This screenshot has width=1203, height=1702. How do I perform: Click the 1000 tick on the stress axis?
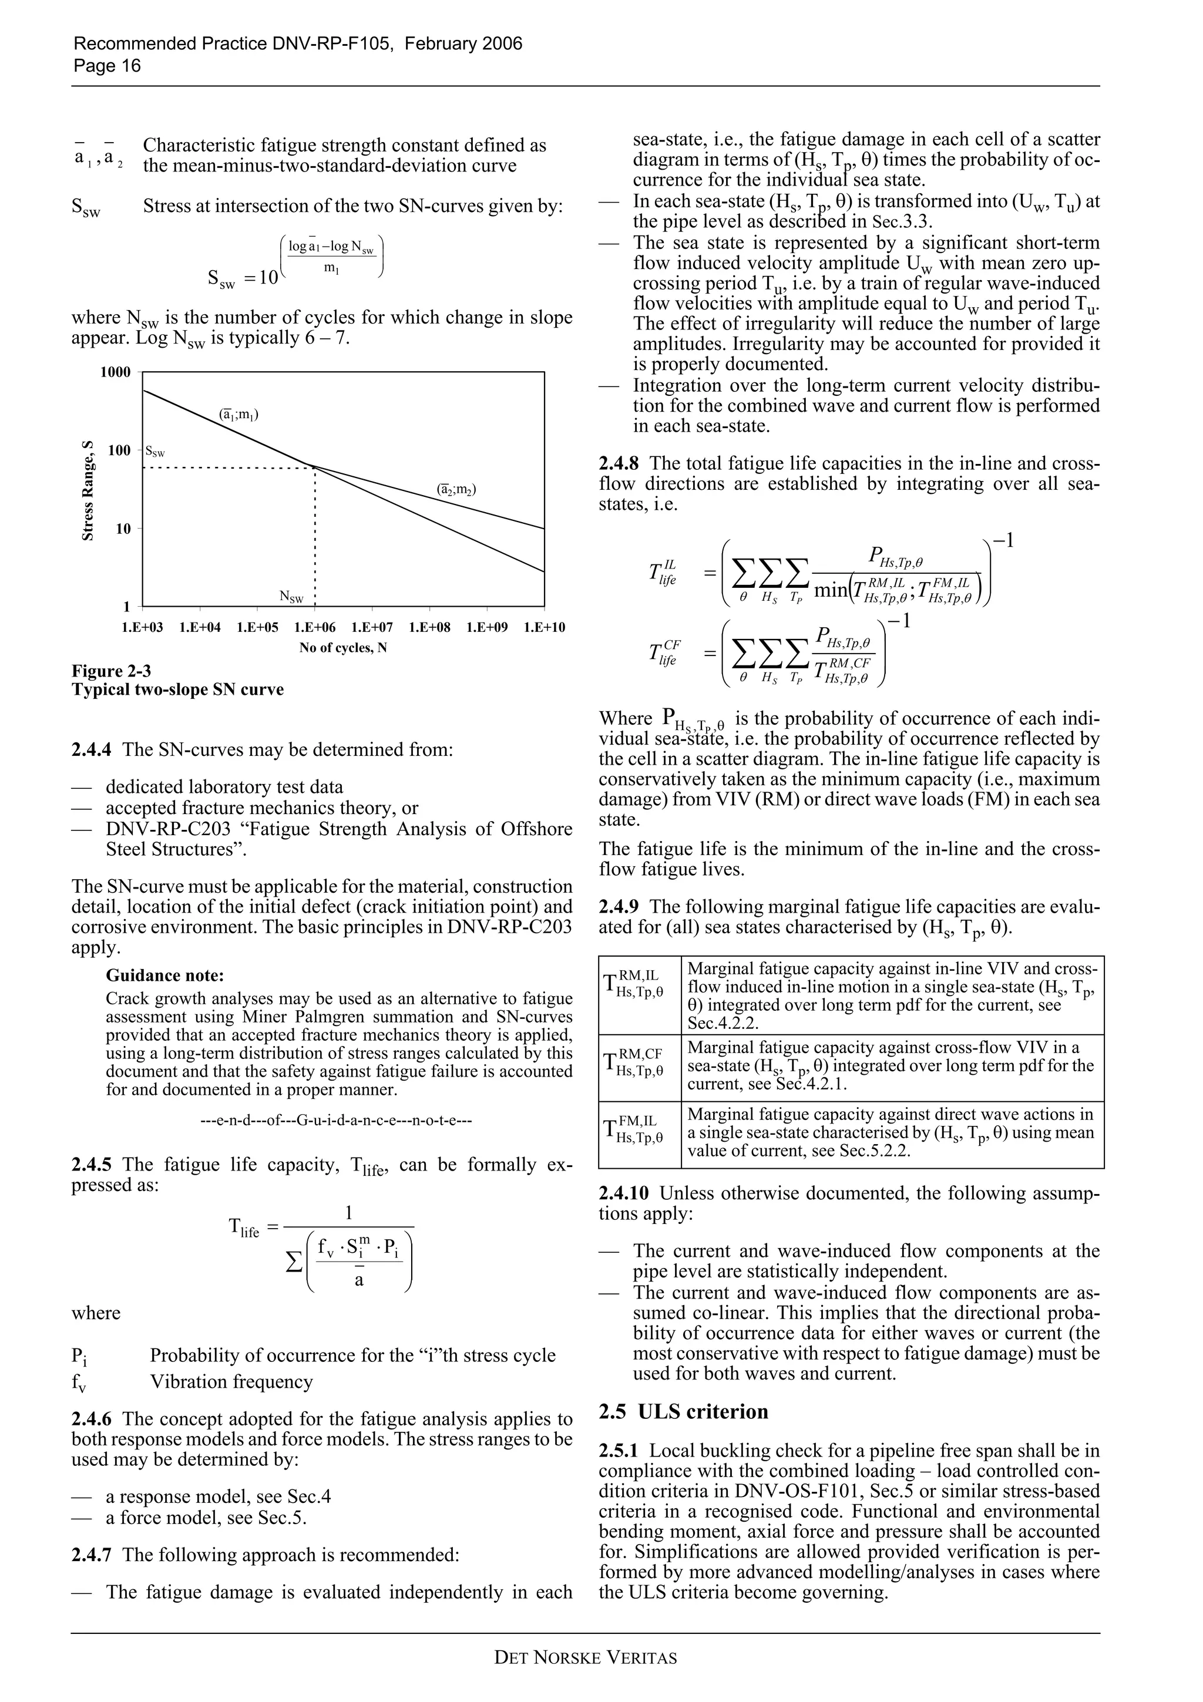(x=116, y=372)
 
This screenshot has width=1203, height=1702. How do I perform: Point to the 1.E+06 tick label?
(x=315, y=628)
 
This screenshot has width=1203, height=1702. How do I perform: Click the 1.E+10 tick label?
(x=544, y=628)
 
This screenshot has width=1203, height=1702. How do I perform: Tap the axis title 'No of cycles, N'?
(x=343, y=648)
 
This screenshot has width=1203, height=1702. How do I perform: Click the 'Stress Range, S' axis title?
(x=88, y=491)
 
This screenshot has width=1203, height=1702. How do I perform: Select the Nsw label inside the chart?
(x=291, y=597)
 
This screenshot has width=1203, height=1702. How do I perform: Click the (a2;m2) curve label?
(x=456, y=489)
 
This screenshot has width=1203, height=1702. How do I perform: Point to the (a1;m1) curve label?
(x=238, y=415)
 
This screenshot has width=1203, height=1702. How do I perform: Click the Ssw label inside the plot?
(x=155, y=452)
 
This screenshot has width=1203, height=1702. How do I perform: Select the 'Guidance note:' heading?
(x=164, y=976)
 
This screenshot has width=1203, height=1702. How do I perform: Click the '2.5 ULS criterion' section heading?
(x=683, y=1411)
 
